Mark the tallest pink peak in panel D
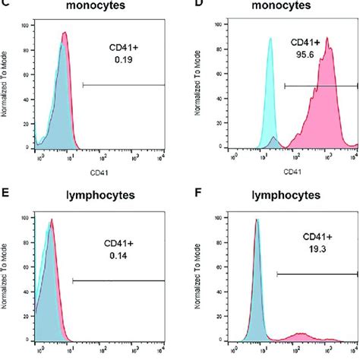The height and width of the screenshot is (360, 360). point(327,41)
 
